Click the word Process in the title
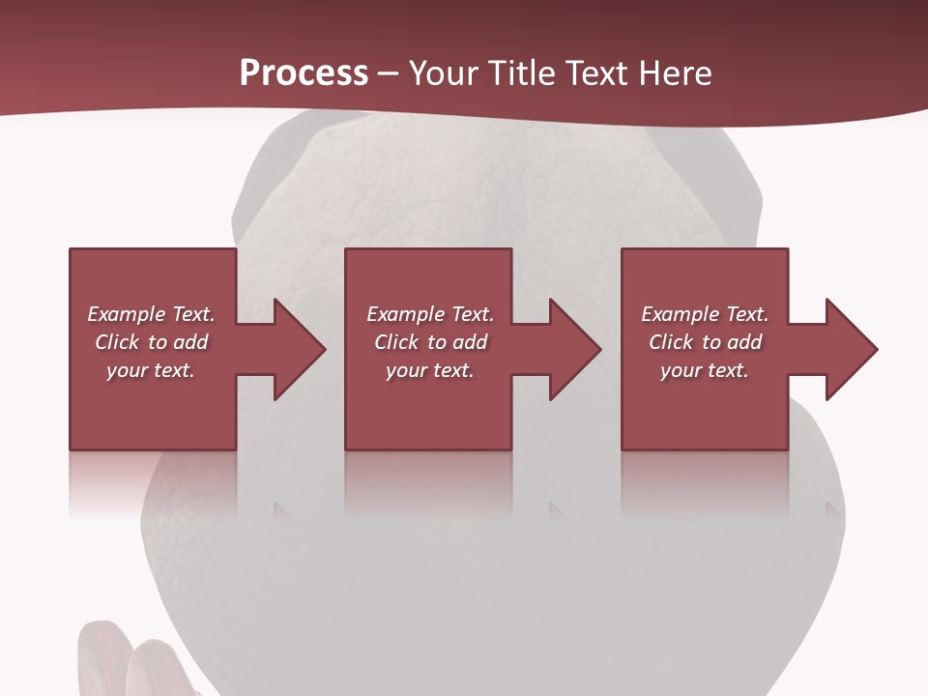(x=304, y=73)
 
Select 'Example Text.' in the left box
(x=151, y=314)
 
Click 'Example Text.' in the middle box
(x=429, y=314)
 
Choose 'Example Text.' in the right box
(x=705, y=314)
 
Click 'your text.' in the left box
(x=151, y=370)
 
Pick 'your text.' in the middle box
(x=429, y=370)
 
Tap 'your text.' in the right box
(x=705, y=370)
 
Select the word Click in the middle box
(x=396, y=342)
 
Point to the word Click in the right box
(x=671, y=342)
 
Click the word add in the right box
(x=744, y=342)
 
